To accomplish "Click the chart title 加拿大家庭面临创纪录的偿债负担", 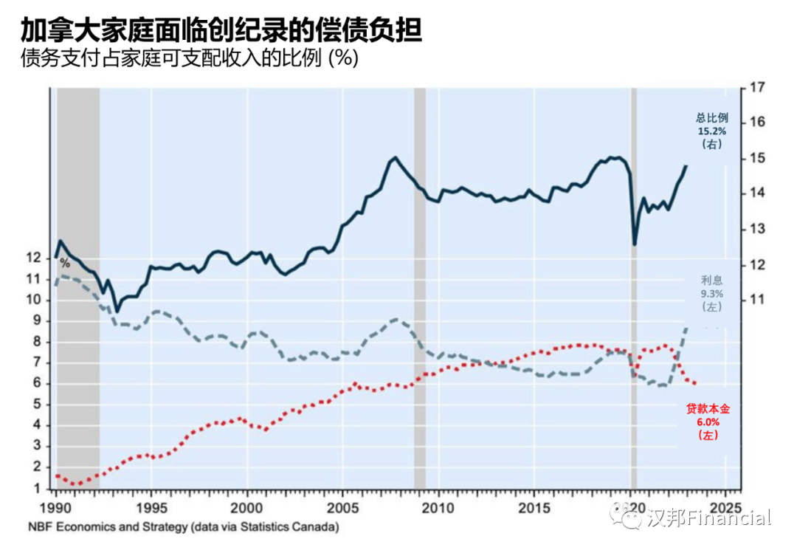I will [x=222, y=31].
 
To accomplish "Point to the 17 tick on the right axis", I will [x=756, y=88].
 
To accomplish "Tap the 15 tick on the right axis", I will [x=756, y=158].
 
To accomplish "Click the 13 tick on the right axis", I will [x=756, y=229].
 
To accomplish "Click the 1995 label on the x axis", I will [x=151, y=509].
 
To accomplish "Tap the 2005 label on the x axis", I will [x=343, y=509].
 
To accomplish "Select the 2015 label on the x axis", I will [x=535, y=509].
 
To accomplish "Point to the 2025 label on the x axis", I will [x=726, y=509].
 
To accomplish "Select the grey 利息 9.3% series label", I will [x=712, y=293].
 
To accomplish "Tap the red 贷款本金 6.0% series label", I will [x=708, y=422].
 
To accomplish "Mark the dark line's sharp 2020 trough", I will [x=634, y=244].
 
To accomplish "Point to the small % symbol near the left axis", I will [x=65, y=263].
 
